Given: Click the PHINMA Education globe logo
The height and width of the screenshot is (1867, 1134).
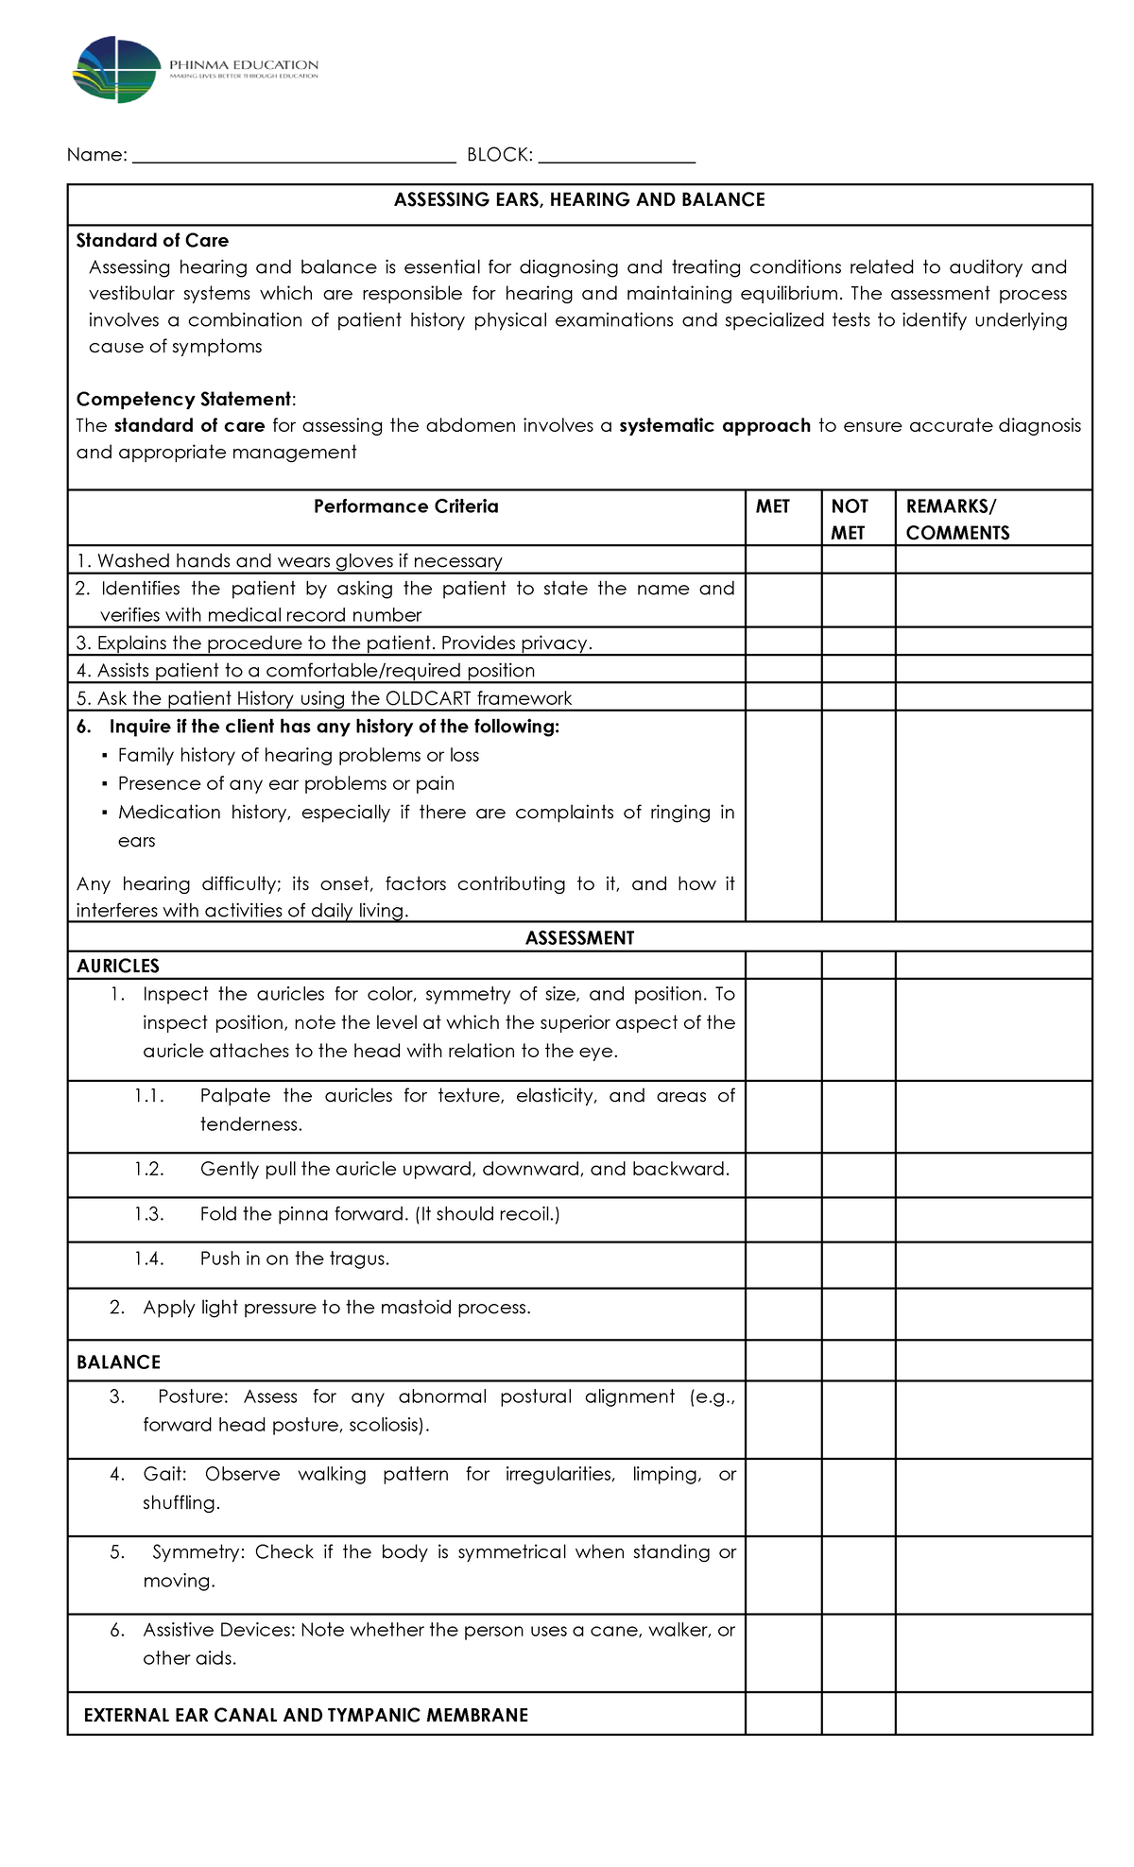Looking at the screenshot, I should [116, 70].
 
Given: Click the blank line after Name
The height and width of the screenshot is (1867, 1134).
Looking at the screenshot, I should [294, 157].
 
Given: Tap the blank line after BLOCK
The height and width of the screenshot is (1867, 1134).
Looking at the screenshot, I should [616, 157].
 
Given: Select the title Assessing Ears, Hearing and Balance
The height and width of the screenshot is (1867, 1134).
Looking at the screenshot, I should [579, 200].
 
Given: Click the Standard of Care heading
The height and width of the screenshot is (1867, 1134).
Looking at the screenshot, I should [152, 241].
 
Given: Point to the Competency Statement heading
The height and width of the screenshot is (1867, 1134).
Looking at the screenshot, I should [184, 400].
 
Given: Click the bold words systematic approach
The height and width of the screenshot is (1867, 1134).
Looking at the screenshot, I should [714, 426].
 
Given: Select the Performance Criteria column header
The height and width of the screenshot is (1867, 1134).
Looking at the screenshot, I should [405, 507].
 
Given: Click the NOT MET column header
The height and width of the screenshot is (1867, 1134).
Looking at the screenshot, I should [849, 519].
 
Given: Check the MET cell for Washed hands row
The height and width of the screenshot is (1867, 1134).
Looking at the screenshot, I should [782, 560].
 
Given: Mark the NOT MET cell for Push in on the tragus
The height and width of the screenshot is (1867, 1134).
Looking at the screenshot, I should [858, 1264].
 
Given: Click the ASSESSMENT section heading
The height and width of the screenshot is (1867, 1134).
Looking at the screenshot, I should [579, 938].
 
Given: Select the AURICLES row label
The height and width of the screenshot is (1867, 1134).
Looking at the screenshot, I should [118, 967].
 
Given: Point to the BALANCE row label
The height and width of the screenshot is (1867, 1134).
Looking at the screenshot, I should [118, 1362].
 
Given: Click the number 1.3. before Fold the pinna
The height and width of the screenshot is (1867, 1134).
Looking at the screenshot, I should [148, 1215].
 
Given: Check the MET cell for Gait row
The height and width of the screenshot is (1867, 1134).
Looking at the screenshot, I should [782, 1497].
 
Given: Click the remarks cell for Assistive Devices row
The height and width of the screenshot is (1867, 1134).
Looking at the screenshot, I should [993, 1653].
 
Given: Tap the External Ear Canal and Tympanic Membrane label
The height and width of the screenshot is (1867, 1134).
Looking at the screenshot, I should [305, 1716].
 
